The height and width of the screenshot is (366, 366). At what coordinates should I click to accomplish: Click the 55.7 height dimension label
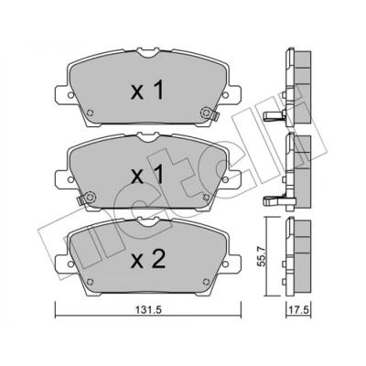[261, 257]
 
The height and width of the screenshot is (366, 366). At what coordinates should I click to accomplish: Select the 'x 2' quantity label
[148, 259]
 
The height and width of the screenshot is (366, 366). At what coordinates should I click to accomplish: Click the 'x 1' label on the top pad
[147, 90]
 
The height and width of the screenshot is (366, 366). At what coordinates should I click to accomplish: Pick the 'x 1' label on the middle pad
[147, 175]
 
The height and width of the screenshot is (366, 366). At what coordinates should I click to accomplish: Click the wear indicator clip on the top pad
[215, 116]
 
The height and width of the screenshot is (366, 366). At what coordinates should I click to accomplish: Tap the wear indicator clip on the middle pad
[80, 200]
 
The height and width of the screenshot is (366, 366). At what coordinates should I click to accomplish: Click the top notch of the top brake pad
[148, 54]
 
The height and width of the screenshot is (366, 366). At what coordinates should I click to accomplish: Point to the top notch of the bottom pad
[148, 221]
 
